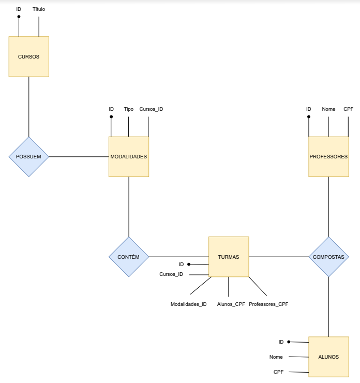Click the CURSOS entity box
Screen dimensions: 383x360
click(28, 56)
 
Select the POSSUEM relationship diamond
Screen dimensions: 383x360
click(28, 156)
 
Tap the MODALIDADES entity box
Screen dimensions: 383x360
click(129, 156)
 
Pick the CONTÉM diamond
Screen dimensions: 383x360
click(129, 257)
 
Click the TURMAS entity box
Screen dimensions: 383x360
click(229, 257)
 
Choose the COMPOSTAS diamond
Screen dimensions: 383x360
click(328, 257)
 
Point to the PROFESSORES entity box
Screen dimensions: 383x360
click(328, 156)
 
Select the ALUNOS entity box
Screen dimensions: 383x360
click(328, 357)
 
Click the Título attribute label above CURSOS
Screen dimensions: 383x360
click(39, 9)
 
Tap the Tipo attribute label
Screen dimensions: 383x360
click(129, 109)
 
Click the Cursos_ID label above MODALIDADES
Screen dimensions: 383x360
click(151, 109)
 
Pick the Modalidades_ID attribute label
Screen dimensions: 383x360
click(189, 304)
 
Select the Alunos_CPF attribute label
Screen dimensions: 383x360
click(231, 304)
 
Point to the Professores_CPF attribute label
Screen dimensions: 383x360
click(268, 304)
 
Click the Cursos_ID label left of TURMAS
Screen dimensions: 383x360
click(171, 274)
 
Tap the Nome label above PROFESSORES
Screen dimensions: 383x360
click(328, 109)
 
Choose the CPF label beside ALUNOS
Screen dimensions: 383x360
click(278, 372)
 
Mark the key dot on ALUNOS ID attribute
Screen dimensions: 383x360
click(289, 342)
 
